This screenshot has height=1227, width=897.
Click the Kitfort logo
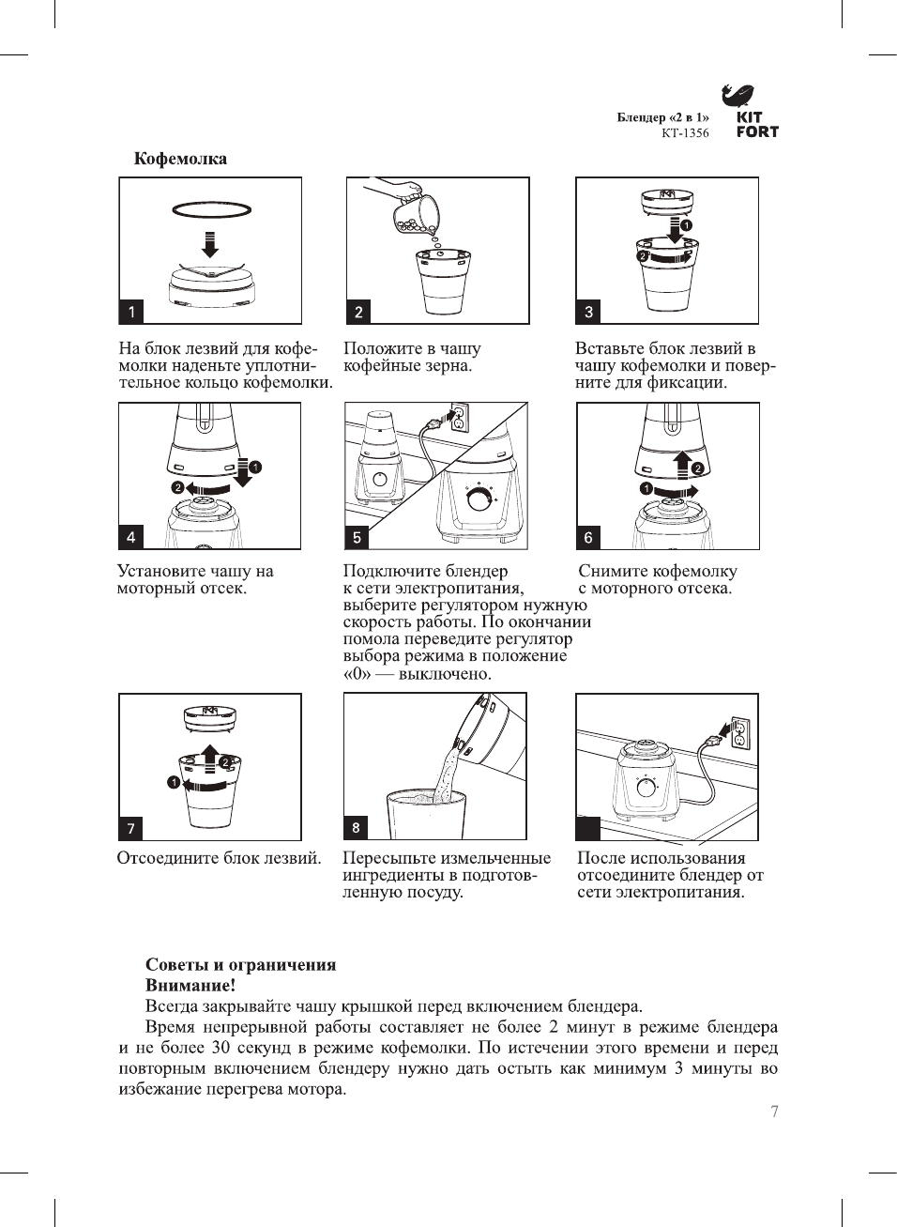(x=751, y=112)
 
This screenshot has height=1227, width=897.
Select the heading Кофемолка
(x=180, y=159)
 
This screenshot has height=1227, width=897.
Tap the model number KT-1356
(x=685, y=133)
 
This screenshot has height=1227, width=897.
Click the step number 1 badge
(x=131, y=312)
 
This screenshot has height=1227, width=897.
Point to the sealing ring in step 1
(x=212, y=209)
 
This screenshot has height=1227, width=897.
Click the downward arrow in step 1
(x=211, y=243)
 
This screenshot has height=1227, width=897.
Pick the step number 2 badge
(x=358, y=312)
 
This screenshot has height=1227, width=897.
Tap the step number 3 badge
(x=588, y=312)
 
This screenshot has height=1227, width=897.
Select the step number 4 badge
(x=131, y=537)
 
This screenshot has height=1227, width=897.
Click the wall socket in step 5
(x=458, y=418)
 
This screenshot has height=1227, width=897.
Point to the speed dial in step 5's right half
(x=479, y=498)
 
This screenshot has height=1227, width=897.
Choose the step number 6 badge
(x=588, y=537)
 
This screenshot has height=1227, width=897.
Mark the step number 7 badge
(x=131, y=828)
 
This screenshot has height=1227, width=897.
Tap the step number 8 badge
(x=356, y=827)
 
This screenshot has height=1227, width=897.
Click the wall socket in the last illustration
(x=739, y=733)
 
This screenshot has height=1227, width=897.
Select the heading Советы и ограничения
(x=240, y=965)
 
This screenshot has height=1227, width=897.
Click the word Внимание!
(x=190, y=986)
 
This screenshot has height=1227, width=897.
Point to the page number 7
(x=774, y=1112)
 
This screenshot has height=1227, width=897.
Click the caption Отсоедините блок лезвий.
(x=219, y=858)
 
